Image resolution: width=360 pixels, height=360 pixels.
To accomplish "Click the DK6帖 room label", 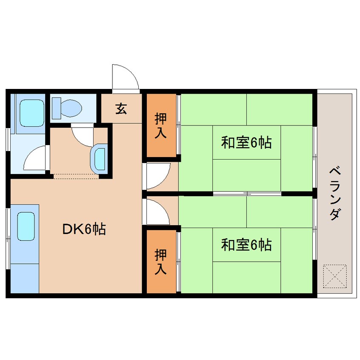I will point(84,229).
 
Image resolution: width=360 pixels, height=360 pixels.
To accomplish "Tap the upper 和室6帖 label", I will point(246,143).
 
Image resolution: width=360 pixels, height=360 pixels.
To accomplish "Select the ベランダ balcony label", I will point(335,194).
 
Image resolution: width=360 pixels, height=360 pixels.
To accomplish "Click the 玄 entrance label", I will point(121,109).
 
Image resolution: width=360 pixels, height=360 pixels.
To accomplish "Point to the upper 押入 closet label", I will point(160,126).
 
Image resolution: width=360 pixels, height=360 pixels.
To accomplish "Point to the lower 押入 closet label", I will point(160,262).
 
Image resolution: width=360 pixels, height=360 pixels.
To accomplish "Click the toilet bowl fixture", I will point(67,107).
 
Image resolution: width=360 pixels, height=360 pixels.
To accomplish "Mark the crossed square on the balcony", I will point(335,277).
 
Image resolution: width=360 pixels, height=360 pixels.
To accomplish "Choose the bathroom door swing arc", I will point(37,158).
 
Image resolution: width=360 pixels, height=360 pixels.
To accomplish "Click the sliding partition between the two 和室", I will point(247,194).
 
